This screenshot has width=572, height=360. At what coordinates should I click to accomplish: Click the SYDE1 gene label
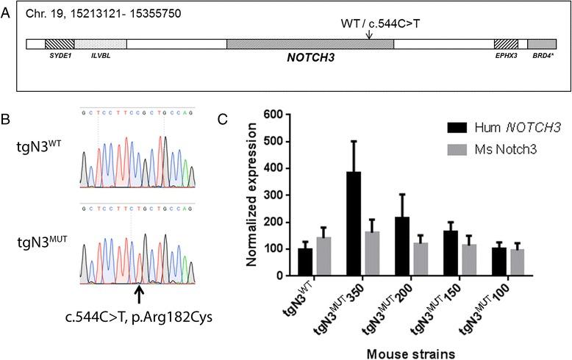(x=57, y=55)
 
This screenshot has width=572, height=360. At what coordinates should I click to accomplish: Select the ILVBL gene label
(x=101, y=55)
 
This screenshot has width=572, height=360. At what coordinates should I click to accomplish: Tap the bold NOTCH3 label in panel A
(x=310, y=56)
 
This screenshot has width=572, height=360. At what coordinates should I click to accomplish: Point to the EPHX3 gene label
(x=506, y=55)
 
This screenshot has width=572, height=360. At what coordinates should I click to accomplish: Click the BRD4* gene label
(x=542, y=55)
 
